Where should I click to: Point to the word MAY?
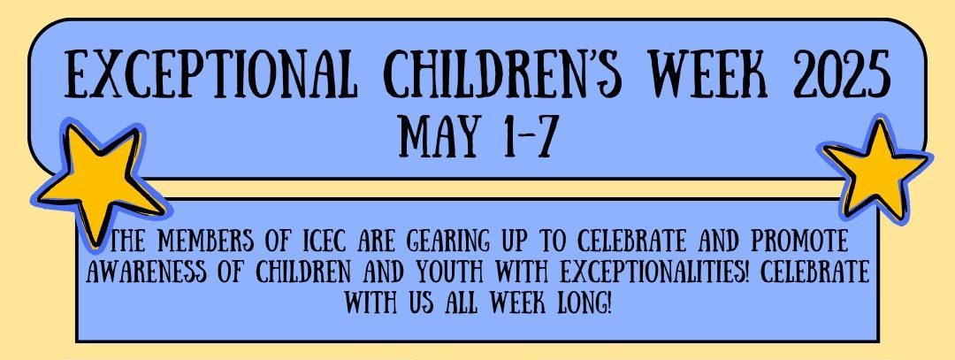pyautogui.click(x=439, y=135)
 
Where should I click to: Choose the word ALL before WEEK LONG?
pyautogui.click(x=472, y=292)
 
